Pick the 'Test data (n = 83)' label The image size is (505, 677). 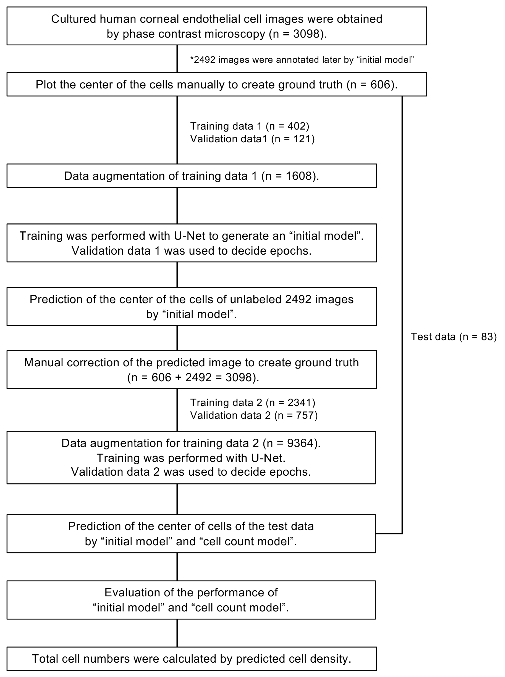point(453,337)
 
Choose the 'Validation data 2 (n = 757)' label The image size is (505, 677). point(254,415)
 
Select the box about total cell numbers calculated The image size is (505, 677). point(191,659)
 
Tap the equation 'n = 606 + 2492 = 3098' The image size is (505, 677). point(193,378)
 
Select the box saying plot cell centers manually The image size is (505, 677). point(216,85)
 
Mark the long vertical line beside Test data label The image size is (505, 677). point(402,275)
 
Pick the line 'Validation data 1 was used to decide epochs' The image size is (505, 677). point(191,251)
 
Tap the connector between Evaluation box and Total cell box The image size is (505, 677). point(177,633)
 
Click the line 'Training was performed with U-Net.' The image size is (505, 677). point(191,458)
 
